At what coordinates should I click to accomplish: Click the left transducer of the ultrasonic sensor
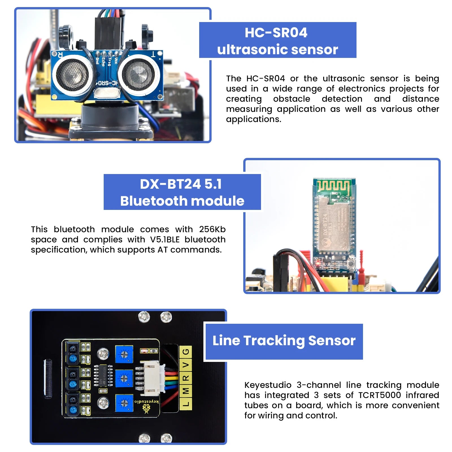click(72, 75)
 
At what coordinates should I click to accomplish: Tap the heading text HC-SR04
click(276, 32)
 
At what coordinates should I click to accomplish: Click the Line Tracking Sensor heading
click(284, 341)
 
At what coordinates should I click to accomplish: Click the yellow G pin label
click(186, 352)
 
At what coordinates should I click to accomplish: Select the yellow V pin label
click(186, 365)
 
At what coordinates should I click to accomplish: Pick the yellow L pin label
click(186, 403)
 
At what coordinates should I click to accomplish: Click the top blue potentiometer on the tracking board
click(124, 354)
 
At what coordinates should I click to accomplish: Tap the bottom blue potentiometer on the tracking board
click(124, 403)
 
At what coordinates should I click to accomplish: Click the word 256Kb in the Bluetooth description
click(212, 229)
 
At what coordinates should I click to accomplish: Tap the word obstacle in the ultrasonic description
click(292, 99)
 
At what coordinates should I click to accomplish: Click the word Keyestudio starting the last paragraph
click(268, 385)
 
